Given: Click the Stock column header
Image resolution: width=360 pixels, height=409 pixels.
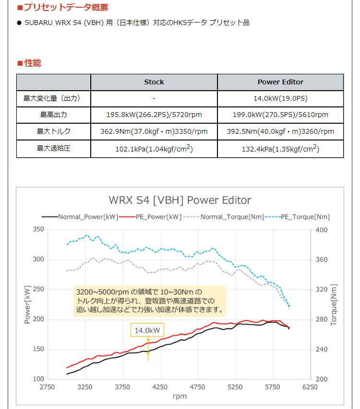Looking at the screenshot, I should pyautogui.click(x=154, y=82).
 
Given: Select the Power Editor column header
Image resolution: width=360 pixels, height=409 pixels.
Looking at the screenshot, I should pyautogui.click(x=280, y=82).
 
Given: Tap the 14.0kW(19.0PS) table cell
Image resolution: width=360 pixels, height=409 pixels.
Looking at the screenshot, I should pyautogui.click(x=280, y=98).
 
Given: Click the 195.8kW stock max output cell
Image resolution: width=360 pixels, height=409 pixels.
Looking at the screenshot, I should pyautogui.click(x=154, y=115).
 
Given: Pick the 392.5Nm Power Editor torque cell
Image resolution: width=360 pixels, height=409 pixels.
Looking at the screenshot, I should pyautogui.click(x=280, y=131).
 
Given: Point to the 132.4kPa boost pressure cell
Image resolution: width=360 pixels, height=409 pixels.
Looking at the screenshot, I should pyautogui.click(x=280, y=149).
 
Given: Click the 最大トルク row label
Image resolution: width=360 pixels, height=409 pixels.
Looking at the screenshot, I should pyautogui.click(x=54, y=131).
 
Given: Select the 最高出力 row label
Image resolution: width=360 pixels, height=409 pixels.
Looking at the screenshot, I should pyautogui.click(x=54, y=115).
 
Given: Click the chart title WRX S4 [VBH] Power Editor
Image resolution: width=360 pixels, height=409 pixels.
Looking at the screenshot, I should pyautogui.click(x=180, y=200).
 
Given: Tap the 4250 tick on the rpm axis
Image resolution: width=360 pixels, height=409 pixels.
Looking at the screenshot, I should pyautogui.click(x=160, y=387).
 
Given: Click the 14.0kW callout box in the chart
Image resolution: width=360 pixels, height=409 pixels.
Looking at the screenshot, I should pyautogui.click(x=147, y=330).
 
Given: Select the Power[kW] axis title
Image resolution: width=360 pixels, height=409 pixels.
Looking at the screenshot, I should pyautogui.click(x=27, y=304).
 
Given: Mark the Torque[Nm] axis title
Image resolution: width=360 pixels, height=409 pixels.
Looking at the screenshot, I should pyautogui.click(x=334, y=304).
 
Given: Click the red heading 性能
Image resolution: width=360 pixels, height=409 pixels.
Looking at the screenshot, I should pyautogui.click(x=30, y=63).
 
